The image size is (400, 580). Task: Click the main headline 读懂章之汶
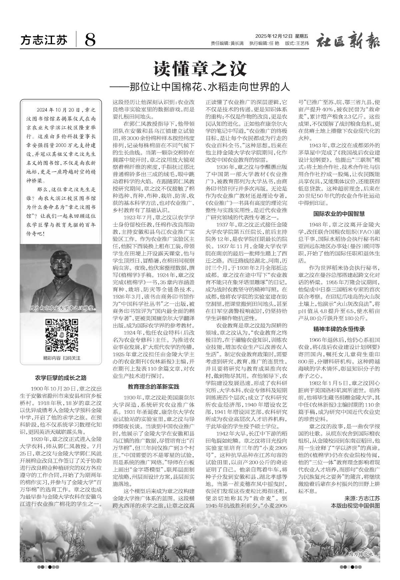point(200,69)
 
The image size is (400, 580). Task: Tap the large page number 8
point(90,40)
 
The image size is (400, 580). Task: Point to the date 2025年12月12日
point(274,36)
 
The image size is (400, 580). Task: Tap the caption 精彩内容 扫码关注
point(62,358)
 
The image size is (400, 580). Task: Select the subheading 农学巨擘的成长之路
point(61,378)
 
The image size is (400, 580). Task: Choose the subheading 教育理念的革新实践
point(153,387)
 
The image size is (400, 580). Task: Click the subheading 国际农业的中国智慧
point(339,213)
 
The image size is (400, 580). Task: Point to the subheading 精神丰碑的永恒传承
point(339,329)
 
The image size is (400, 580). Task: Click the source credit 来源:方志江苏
point(362,498)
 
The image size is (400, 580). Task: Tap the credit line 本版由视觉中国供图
point(355,505)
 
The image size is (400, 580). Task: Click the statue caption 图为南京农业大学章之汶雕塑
point(62,308)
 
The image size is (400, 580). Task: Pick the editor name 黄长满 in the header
point(237,43)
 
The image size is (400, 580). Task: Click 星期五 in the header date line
point(302,36)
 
